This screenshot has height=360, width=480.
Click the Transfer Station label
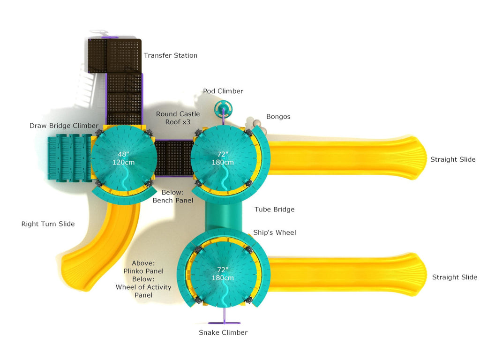coord(170,55)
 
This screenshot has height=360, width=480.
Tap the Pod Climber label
coord(223,91)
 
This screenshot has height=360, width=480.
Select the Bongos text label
coord(278,117)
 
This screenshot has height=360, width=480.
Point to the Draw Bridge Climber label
coord(64,126)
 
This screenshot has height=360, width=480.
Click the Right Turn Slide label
coord(48,224)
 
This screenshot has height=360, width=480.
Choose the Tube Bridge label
coord(274,210)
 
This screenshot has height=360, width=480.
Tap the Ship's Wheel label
coord(274,232)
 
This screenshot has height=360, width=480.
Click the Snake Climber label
coord(223,333)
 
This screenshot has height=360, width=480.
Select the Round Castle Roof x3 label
coord(178,118)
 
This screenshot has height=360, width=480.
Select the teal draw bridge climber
coord(69,158)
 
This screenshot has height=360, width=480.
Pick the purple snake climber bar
coord(224,322)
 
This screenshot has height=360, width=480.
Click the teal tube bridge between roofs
coord(223,216)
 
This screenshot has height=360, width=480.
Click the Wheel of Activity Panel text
coord(143,291)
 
